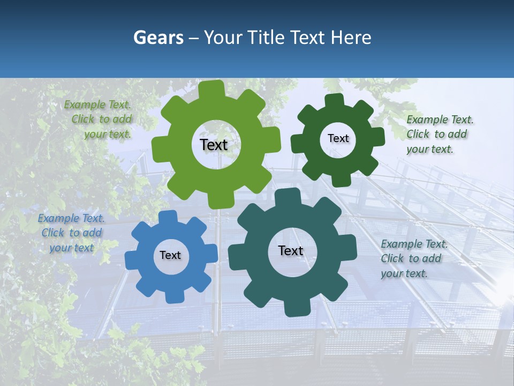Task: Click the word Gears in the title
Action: pyautogui.click(x=158, y=38)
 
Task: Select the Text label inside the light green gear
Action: pyautogui.click(x=214, y=145)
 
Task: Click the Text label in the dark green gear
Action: pyautogui.click(x=338, y=138)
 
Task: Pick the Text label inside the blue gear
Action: pyautogui.click(x=170, y=255)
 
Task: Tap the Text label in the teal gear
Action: pyautogui.click(x=291, y=250)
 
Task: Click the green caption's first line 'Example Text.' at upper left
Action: pyautogui.click(x=97, y=105)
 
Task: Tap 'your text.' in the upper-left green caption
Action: pyautogui.click(x=108, y=134)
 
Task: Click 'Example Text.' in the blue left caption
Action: pyautogui.click(x=71, y=218)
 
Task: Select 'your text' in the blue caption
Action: pyautogui.click(x=71, y=248)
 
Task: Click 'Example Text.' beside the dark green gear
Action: pyautogui.click(x=440, y=120)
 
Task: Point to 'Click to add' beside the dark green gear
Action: pyautogui.click(x=436, y=134)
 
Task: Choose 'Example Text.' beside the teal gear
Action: pyautogui.click(x=414, y=244)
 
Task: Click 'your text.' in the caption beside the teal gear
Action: pyautogui.click(x=404, y=273)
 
